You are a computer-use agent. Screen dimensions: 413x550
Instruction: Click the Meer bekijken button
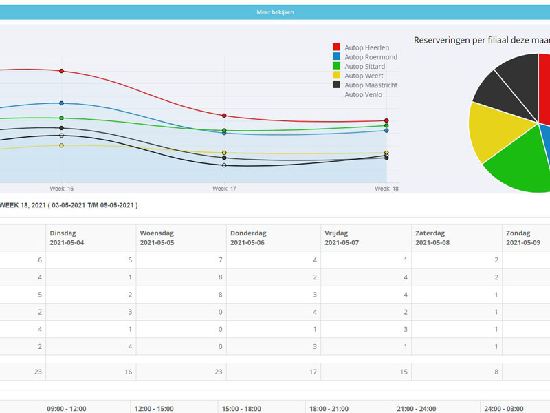coord(275,12)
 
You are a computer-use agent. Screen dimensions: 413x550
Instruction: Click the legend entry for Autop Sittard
coord(364,67)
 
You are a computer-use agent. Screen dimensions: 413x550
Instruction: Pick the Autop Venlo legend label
coord(363,95)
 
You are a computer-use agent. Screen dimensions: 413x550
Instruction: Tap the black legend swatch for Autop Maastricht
coord(336,85)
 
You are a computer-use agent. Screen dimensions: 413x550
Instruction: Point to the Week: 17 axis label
coord(224,188)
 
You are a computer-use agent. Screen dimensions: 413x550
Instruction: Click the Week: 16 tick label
coord(61,188)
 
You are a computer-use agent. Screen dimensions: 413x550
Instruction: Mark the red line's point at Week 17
coord(224,116)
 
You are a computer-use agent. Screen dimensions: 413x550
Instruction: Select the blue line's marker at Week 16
coord(61,103)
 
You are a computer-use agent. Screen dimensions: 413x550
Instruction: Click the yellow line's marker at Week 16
coord(61,145)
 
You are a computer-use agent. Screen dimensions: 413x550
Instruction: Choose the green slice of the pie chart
coord(522,162)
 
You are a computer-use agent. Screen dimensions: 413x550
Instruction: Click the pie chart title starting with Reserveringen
coord(481,41)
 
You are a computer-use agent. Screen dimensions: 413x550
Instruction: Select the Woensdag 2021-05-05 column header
coord(157,238)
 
